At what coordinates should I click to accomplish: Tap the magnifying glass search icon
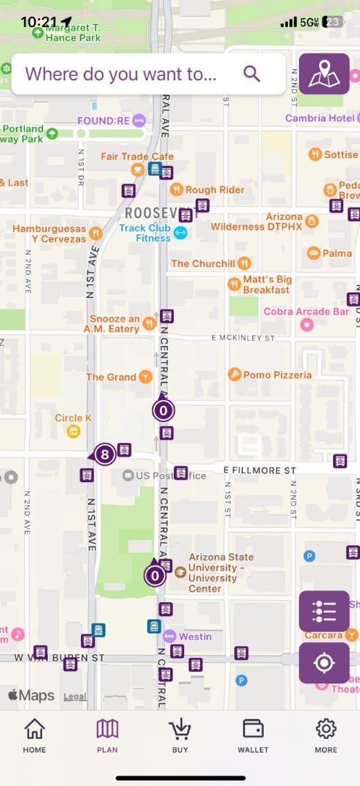(252, 74)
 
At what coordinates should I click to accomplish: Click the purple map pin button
(324, 73)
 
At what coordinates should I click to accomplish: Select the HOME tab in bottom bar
(34, 735)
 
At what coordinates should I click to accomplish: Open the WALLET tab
(253, 735)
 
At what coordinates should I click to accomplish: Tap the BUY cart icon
(180, 735)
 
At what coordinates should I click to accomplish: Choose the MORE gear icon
(325, 735)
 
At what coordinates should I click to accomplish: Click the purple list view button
(324, 611)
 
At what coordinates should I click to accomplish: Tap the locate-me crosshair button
(324, 663)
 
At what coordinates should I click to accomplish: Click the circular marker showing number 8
(105, 455)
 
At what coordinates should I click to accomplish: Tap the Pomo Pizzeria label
(277, 374)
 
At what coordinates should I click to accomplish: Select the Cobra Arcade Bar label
(306, 312)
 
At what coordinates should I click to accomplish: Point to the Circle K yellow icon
(73, 432)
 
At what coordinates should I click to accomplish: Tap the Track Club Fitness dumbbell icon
(181, 233)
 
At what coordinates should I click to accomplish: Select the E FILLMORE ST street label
(259, 470)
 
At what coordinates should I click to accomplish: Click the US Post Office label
(170, 475)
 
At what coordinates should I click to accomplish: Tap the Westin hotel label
(195, 636)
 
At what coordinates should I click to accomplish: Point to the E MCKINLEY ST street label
(243, 338)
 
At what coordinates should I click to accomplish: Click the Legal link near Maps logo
(75, 697)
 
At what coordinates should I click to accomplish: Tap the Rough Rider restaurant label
(215, 190)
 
